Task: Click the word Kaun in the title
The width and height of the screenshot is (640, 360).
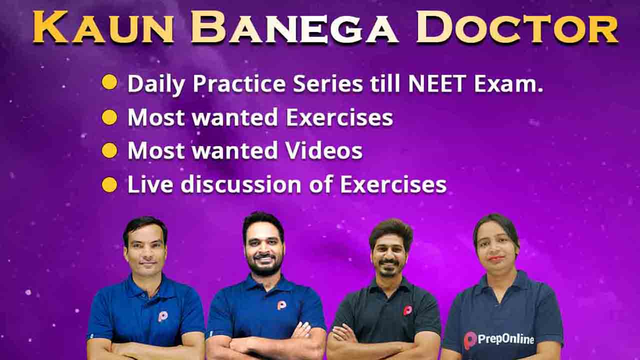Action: click(103, 27)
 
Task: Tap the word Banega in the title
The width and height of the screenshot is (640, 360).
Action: click(294, 27)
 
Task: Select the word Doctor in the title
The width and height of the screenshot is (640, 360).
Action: click(517, 27)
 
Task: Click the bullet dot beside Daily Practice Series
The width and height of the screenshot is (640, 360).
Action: click(109, 82)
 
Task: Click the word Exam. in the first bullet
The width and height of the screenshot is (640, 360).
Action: click(508, 83)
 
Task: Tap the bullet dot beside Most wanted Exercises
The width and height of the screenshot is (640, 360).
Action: click(109, 117)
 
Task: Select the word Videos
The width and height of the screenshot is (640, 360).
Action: click(324, 150)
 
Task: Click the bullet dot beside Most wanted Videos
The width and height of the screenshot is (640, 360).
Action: click(109, 150)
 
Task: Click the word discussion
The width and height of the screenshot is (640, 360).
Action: click(241, 184)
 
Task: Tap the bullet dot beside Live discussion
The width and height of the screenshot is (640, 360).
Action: click(109, 184)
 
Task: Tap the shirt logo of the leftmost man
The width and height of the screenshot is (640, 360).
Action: click(162, 316)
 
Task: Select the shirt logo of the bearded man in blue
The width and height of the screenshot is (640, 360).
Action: click(281, 304)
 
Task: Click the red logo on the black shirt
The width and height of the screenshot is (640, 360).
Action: click(407, 310)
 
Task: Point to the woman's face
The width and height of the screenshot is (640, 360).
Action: click(496, 248)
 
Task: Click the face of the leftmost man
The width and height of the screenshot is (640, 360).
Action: click(145, 251)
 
